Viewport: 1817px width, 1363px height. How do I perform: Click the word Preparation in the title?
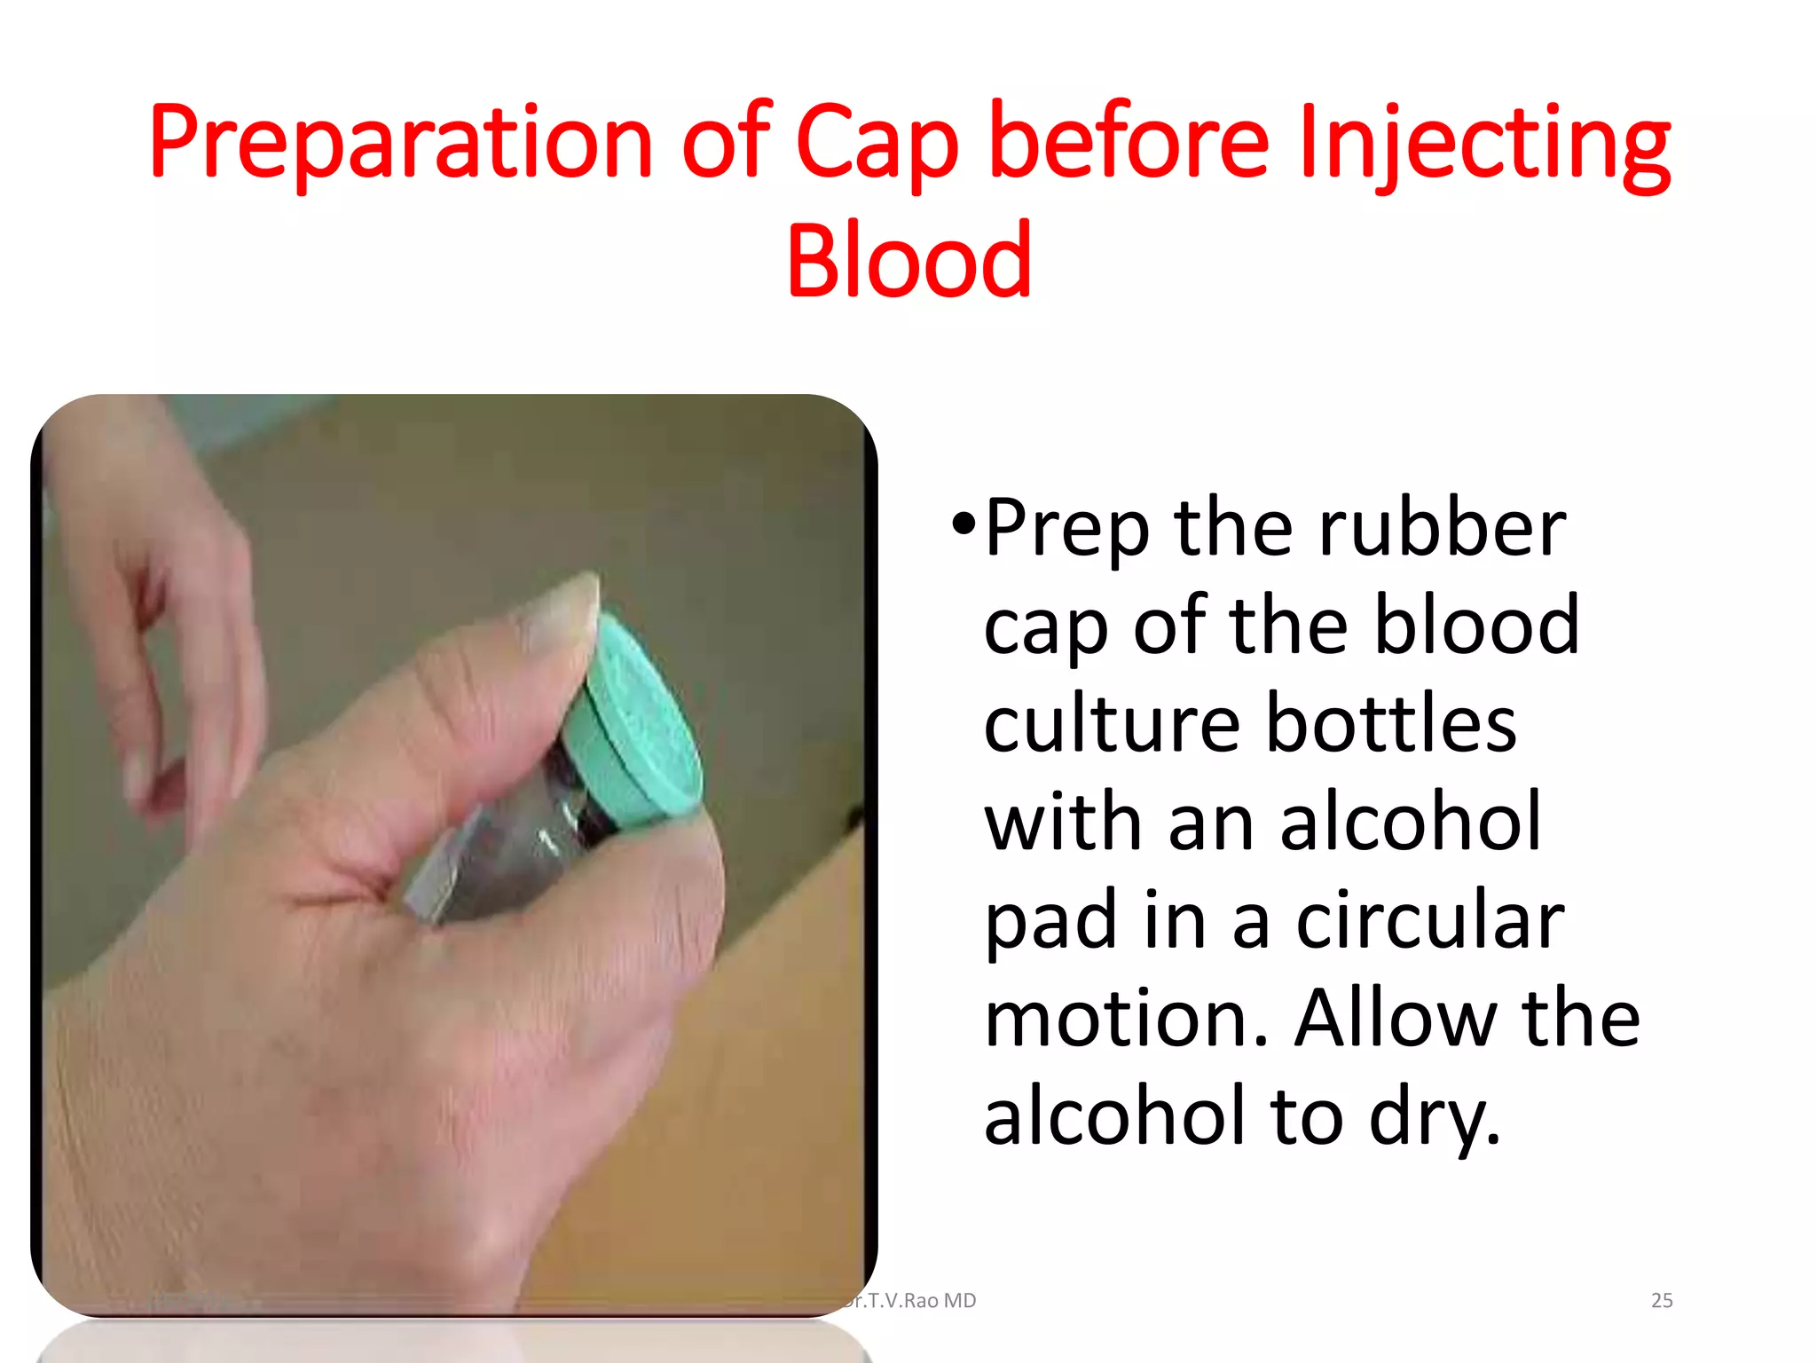point(400,142)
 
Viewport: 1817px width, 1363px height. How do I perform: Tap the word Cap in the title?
point(877,142)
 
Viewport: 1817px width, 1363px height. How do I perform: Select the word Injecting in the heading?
point(1483,142)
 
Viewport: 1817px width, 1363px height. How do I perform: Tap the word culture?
point(1112,724)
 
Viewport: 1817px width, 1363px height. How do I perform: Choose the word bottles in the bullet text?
point(1390,724)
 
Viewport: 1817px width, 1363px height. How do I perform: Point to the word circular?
point(1429,921)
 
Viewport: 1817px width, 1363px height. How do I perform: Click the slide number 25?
point(1661,1301)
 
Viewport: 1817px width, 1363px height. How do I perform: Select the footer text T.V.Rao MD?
point(914,1301)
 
